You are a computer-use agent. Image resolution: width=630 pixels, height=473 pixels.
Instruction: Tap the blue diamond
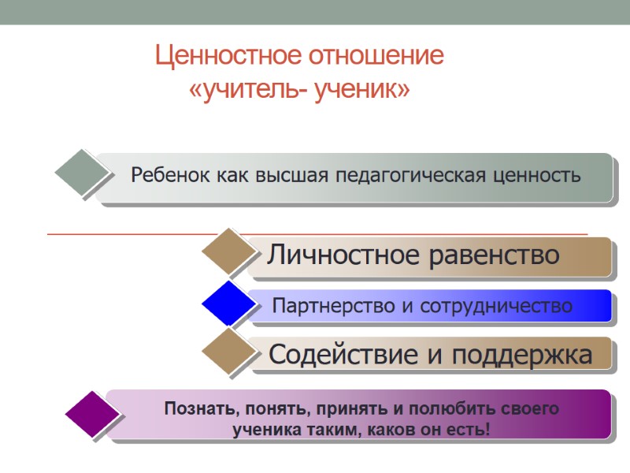tap(229, 303)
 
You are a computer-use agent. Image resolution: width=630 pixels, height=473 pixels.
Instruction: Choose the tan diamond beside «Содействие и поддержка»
tap(229, 351)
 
